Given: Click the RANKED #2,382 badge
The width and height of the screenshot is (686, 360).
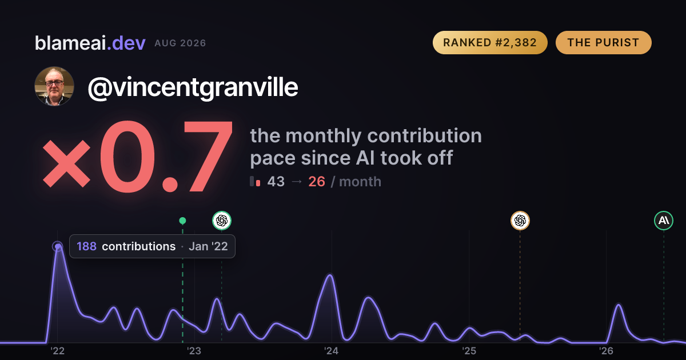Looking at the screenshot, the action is tap(490, 42).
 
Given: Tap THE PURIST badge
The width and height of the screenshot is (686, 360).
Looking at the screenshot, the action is tap(603, 42).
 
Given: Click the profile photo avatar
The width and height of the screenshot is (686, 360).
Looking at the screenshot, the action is tap(54, 86).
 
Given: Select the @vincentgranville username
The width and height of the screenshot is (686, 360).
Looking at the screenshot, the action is tap(193, 88).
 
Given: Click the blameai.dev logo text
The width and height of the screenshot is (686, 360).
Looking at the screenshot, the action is tap(90, 43).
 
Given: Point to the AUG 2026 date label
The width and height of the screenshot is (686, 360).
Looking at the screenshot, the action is tap(180, 43).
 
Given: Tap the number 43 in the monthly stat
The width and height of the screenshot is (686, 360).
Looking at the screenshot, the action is tap(276, 182).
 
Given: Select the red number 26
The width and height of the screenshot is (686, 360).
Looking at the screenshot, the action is tap(317, 182).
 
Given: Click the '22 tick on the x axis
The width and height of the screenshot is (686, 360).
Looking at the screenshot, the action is tap(57, 351).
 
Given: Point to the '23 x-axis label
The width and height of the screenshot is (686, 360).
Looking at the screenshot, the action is tap(194, 351).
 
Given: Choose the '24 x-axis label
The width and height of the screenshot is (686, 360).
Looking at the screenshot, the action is tap(332, 351).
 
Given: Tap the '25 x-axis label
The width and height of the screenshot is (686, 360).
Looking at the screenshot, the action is tap(469, 351).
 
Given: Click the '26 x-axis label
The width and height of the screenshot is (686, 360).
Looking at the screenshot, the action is tap(606, 351).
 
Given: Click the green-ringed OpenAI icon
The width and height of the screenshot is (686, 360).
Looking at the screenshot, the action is tap(222, 221).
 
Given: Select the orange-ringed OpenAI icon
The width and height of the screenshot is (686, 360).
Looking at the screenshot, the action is tap(520, 221).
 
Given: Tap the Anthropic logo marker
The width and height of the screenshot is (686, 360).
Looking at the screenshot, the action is tap(664, 221).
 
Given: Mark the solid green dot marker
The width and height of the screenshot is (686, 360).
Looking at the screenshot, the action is tap(182, 221).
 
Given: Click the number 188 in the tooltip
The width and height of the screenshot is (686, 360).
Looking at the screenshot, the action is tap(86, 246).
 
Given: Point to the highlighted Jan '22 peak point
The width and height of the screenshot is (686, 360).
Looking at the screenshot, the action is tap(58, 246).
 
